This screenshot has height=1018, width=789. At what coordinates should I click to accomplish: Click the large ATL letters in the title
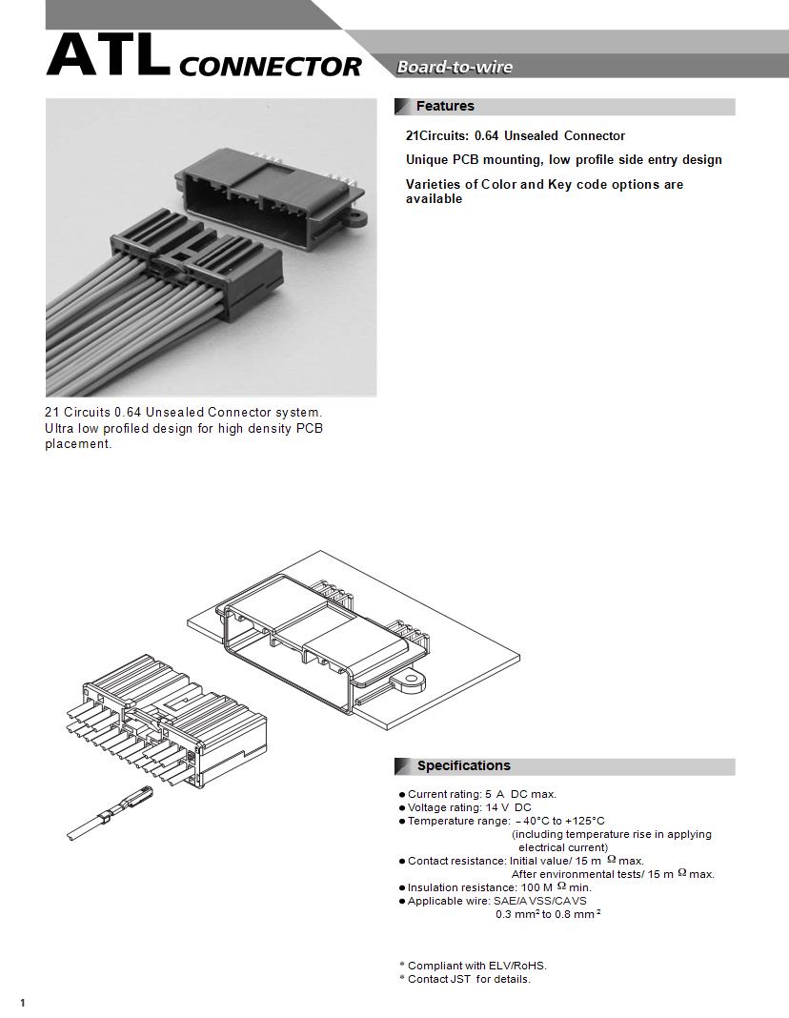(108, 57)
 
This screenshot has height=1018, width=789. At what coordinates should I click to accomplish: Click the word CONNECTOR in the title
(270, 67)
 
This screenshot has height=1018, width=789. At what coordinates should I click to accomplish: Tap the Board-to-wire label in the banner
(455, 67)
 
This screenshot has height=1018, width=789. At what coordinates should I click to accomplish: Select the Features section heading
(445, 106)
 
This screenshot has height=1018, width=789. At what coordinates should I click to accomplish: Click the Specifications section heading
(463, 766)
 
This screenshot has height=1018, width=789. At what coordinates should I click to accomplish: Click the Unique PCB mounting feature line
(563, 160)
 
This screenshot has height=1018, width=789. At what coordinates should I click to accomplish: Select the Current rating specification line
(481, 794)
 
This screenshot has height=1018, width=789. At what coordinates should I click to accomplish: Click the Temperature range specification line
(505, 821)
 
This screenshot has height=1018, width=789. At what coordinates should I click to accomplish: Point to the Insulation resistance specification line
(498, 887)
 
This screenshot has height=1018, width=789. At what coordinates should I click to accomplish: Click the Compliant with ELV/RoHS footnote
(476, 966)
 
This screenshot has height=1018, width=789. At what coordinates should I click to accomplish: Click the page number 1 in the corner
(22, 1002)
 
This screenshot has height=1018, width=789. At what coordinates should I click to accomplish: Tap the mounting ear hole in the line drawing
(411, 682)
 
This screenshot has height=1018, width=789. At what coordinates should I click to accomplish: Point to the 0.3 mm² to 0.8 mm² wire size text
(547, 914)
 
